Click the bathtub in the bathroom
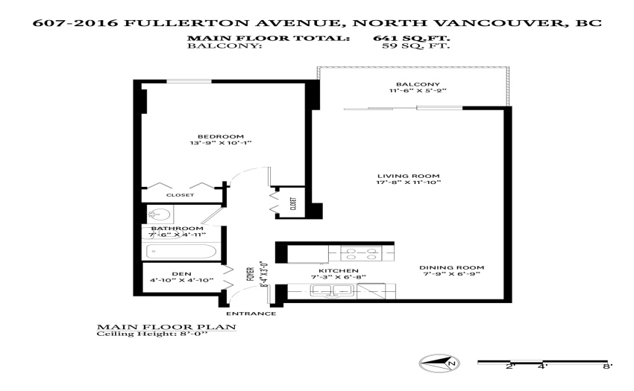(x=181, y=251)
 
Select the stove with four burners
(x=361, y=253)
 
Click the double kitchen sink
(x=332, y=290)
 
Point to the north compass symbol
(x=439, y=363)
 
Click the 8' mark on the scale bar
(x=607, y=366)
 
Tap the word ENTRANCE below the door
(x=251, y=314)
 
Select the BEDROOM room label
(x=221, y=136)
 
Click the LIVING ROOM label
(x=409, y=176)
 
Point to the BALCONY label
(x=418, y=84)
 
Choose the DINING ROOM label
(x=452, y=267)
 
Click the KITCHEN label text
(x=339, y=270)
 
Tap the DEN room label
(x=181, y=274)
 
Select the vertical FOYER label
(x=251, y=274)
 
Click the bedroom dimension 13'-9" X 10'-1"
(x=221, y=143)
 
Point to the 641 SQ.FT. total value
(x=411, y=39)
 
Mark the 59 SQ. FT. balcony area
(x=415, y=45)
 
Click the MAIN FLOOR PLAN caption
(x=166, y=327)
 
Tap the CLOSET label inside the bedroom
(x=181, y=195)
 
